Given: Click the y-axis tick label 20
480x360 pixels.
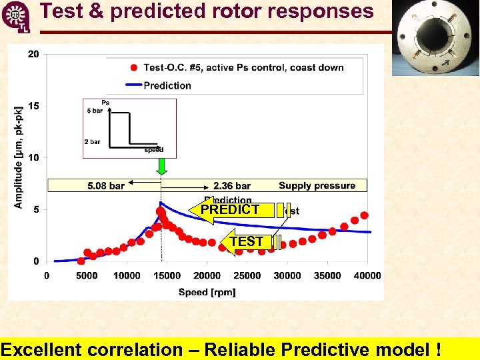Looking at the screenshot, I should [33, 54].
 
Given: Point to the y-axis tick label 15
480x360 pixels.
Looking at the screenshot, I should [33, 106].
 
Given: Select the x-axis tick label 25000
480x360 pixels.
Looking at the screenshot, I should [247, 276].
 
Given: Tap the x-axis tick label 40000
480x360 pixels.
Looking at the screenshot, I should [367, 276].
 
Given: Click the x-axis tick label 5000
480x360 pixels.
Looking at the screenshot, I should [87, 276].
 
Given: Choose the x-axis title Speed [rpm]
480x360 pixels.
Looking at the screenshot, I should [207, 292].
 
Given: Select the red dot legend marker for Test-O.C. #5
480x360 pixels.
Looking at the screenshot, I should [134, 67].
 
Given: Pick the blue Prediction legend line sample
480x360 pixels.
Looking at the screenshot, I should [133, 85].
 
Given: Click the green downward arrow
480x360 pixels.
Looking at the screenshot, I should [160, 165].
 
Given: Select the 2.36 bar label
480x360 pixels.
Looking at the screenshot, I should [232, 186].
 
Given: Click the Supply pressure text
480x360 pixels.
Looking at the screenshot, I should [317, 185].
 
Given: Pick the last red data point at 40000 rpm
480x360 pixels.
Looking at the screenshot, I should [364, 215].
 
